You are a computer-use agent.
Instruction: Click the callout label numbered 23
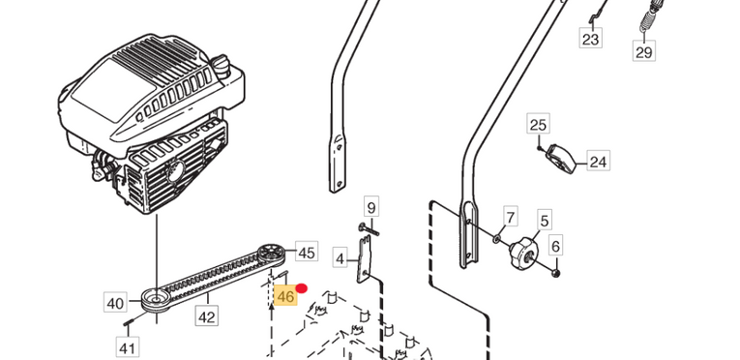590,39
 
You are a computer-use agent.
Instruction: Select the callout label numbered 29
643,51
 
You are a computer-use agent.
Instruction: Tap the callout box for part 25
538,125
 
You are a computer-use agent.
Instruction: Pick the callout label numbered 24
598,162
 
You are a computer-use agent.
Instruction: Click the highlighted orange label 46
286,296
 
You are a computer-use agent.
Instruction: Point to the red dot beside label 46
301,288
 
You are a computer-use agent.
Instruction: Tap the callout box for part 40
115,302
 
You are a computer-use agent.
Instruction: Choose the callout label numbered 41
127,347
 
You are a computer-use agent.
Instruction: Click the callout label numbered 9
371,207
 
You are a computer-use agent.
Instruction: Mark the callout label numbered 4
340,258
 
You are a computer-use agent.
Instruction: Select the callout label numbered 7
510,217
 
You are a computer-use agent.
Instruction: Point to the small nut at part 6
556,273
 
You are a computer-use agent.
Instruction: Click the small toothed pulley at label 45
271,253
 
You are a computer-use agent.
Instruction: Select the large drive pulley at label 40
156,300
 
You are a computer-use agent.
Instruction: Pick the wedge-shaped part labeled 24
561,160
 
